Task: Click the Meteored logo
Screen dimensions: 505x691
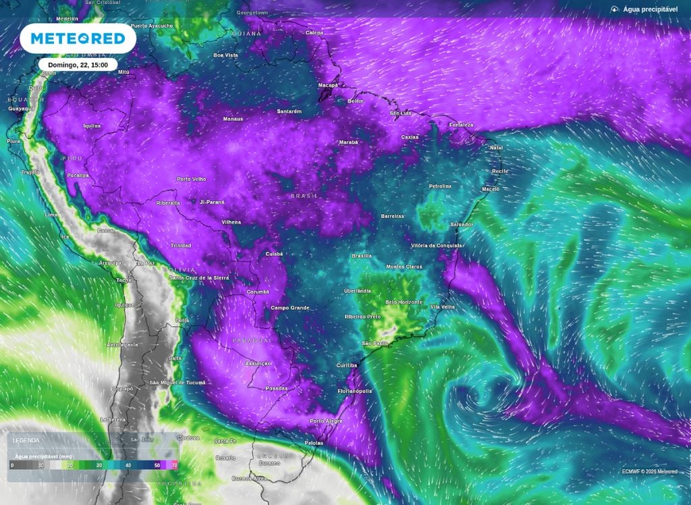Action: (78, 38)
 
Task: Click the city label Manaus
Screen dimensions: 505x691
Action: (233, 119)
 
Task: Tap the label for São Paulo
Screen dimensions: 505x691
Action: (375, 344)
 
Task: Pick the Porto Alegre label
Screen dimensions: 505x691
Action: (326, 421)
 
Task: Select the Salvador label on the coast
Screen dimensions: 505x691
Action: (462, 224)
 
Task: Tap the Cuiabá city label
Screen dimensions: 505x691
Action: (274, 254)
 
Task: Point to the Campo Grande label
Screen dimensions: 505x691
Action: (290, 308)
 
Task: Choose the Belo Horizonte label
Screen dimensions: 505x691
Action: (404, 302)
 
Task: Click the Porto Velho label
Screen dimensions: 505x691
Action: (191, 179)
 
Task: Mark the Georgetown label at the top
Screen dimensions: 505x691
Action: (253, 13)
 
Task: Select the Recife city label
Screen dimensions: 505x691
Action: (500, 171)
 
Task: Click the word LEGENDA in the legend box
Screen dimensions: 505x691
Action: (26, 440)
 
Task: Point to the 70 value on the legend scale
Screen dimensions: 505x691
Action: (175, 465)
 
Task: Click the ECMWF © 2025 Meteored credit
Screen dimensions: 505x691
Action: (649, 471)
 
